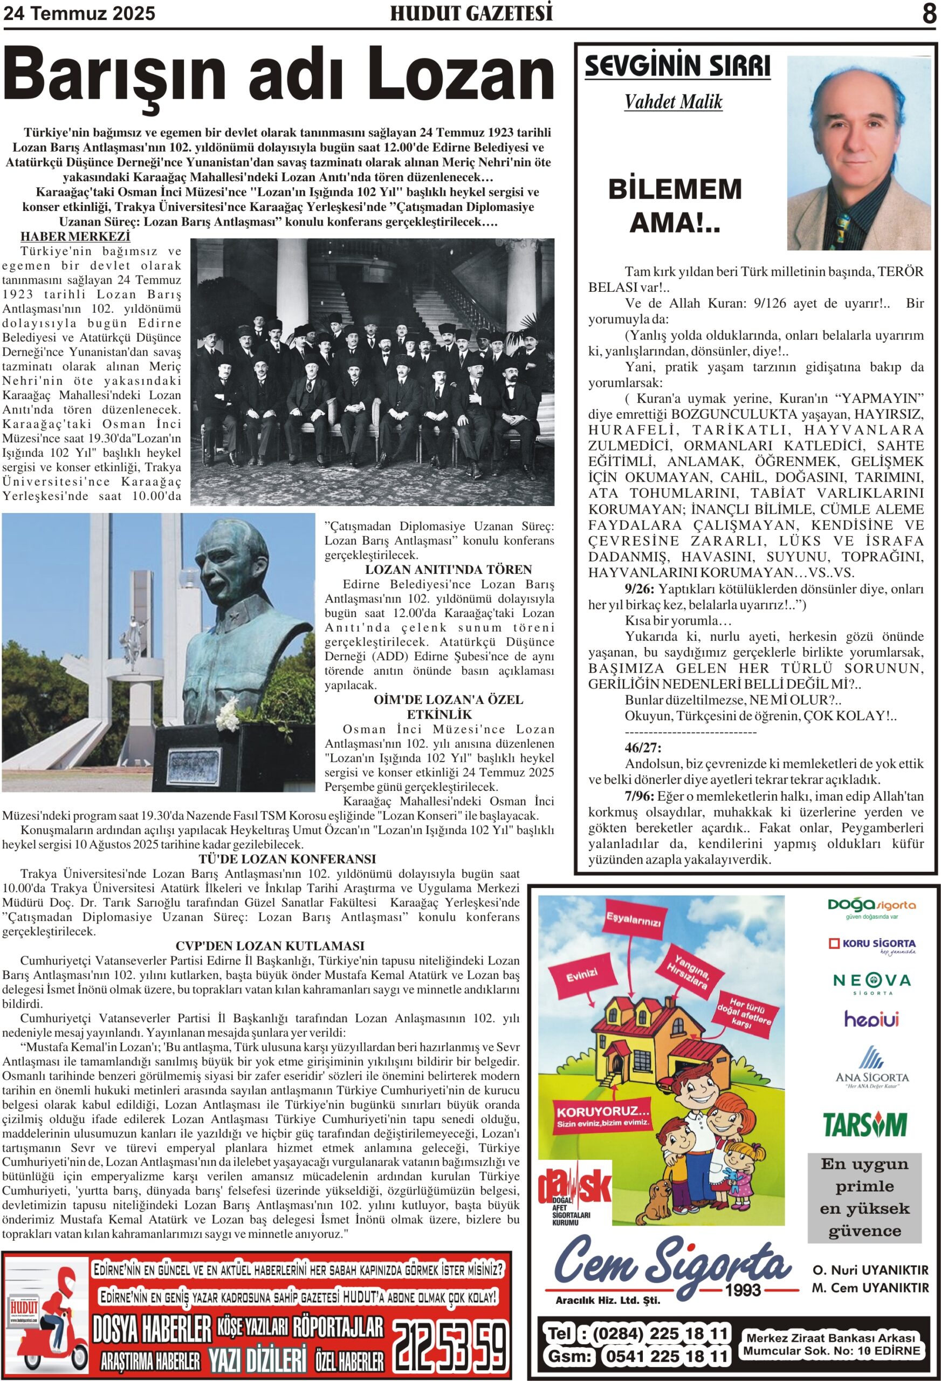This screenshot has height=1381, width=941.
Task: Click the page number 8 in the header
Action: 929,13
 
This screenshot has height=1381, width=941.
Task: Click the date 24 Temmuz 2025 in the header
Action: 79,13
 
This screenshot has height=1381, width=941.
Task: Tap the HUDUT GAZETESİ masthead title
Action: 471,13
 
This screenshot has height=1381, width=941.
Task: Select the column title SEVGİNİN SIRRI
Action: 677,66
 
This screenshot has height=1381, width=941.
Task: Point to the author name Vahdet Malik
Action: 673,102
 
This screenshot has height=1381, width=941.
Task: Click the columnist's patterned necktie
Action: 843,229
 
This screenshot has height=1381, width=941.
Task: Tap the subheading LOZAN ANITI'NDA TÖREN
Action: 439,569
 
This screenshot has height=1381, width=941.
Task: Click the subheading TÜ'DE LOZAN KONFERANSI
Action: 287,859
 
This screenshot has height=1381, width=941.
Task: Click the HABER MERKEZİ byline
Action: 75,236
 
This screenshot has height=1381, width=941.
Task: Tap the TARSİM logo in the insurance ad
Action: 864,1125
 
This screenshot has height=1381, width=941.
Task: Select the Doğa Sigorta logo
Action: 871,905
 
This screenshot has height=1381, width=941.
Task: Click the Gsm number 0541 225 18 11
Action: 665,1357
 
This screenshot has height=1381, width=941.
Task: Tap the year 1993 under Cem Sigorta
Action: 743,1290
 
